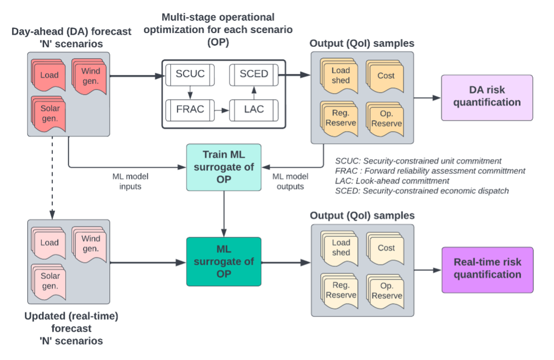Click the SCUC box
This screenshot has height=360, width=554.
[x=190, y=74]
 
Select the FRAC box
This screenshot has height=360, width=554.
[x=190, y=110]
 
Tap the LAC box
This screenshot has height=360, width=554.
[x=254, y=110]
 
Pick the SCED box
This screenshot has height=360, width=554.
[x=254, y=74]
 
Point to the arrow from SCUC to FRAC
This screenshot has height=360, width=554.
[x=190, y=92]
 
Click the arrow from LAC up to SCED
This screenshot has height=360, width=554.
[x=254, y=92]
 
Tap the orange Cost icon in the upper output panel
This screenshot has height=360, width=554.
[x=385, y=76]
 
